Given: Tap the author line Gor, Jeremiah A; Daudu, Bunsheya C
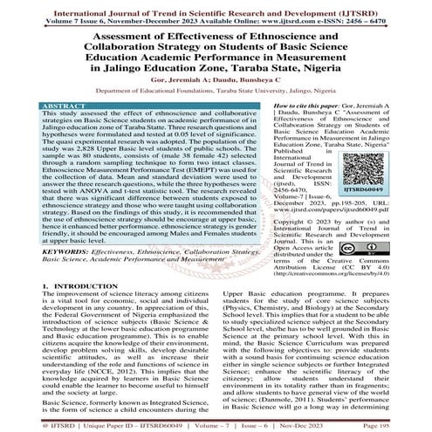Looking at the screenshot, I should tap(216, 76).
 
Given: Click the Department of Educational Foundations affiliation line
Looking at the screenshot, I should tap(216, 89).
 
